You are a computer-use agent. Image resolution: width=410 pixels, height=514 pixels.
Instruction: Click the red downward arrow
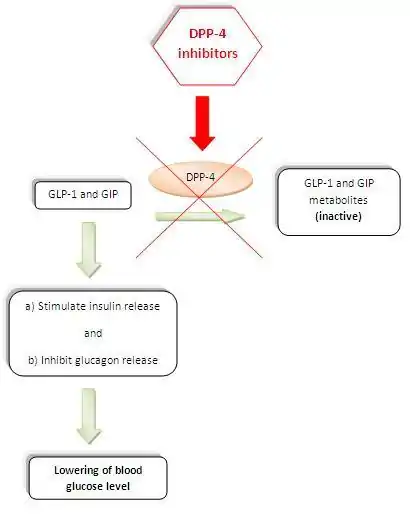pyautogui.click(x=202, y=123)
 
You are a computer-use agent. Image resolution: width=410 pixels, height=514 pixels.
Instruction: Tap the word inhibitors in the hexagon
pyautogui.click(x=208, y=53)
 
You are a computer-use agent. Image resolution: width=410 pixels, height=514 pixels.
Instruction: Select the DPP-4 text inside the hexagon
pyautogui.click(x=208, y=34)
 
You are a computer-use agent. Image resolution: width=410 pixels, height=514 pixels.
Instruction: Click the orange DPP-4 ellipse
pyautogui.click(x=200, y=179)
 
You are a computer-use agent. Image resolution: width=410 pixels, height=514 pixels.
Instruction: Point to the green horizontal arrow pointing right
pyautogui.click(x=200, y=216)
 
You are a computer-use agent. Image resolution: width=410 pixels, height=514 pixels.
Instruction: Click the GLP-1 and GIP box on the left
pyautogui.click(x=83, y=195)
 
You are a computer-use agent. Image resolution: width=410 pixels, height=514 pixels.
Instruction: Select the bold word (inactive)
pyautogui.click(x=338, y=216)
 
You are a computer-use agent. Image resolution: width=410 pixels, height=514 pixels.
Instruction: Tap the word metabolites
pyautogui.click(x=338, y=200)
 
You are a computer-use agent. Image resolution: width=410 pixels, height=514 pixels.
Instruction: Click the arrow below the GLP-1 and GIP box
pyautogui.click(x=89, y=250)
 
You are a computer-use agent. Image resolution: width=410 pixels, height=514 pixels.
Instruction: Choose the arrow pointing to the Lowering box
pyautogui.click(x=89, y=416)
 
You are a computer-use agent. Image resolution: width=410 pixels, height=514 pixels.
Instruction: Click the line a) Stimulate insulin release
pyautogui.click(x=92, y=306)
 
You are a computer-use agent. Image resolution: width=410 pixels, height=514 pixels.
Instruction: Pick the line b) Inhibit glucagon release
pyautogui.click(x=93, y=360)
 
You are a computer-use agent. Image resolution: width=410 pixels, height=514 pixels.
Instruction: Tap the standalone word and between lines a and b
pyautogui.click(x=93, y=333)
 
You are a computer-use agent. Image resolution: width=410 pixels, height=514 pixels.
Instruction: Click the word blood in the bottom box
pyautogui.click(x=128, y=470)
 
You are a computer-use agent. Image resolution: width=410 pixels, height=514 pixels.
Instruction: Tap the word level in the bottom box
pyautogui.click(x=118, y=486)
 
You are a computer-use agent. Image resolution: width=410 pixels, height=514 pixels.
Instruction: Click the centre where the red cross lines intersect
pyautogui.click(x=199, y=197)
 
